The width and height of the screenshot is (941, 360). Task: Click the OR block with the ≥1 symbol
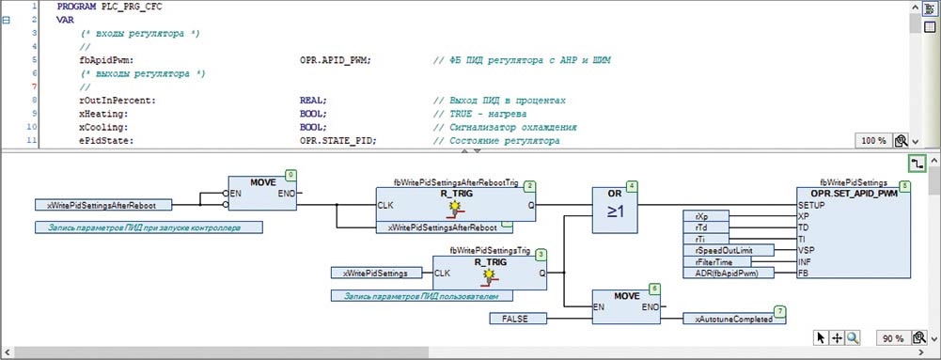(615, 210)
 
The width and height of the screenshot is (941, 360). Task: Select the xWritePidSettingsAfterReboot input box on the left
(103, 205)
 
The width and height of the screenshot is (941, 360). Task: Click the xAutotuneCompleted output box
(734, 319)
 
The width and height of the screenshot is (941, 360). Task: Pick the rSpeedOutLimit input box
(729, 250)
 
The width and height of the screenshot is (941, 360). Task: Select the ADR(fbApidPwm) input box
(729, 273)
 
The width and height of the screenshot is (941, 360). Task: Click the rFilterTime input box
(717, 261)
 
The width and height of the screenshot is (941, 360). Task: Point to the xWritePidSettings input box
(375, 273)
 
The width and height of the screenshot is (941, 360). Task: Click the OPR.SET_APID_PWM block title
(853, 195)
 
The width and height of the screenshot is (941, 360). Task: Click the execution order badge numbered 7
(779, 311)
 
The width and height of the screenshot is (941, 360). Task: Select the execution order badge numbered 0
(290, 175)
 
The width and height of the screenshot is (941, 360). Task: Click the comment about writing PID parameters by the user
(422, 296)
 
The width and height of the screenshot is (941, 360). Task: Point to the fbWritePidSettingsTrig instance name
(489, 251)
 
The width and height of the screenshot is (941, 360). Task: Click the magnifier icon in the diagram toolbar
(853, 337)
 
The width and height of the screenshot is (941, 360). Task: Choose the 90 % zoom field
(892, 338)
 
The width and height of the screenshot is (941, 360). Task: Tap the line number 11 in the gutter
(34, 141)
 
